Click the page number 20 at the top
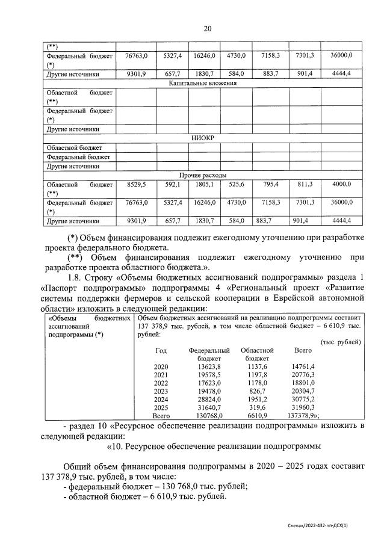[x=207, y=28]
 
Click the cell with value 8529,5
[x=136, y=184]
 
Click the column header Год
[x=161, y=350]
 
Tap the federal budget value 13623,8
[x=209, y=366]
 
